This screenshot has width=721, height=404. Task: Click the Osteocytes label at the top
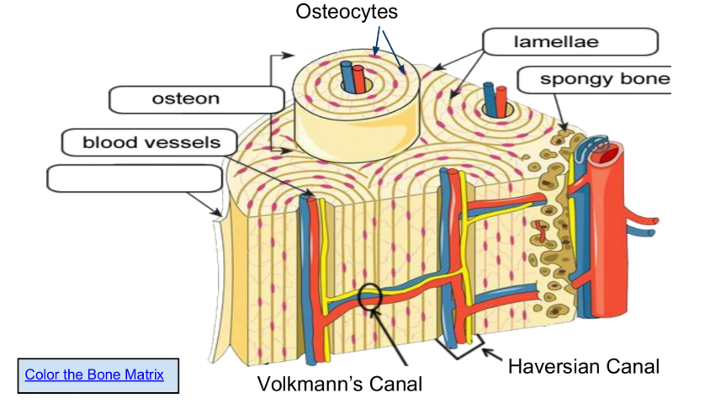[x=346, y=13]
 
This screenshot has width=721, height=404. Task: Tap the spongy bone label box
[x=593, y=80]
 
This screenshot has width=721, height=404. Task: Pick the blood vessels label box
[x=151, y=141]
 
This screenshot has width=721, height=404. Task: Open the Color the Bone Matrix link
[x=94, y=375]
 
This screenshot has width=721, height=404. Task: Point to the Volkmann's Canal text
[x=339, y=384]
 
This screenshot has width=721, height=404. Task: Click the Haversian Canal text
[x=584, y=366]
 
